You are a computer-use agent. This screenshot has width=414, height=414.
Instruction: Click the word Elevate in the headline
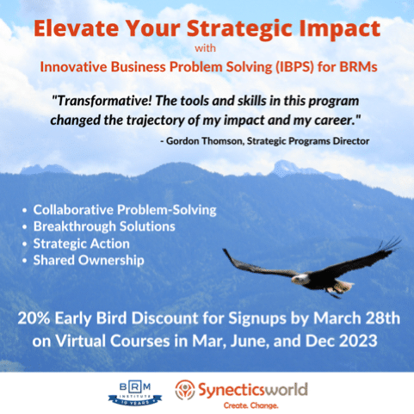click(x=76, y=28)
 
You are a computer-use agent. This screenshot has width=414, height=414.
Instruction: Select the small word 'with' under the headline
click(x=205, y=48)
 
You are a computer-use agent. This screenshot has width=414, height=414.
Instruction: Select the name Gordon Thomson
click(x=205, y=141)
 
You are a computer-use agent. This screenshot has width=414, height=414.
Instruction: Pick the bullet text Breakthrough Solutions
click(x=104, y=226)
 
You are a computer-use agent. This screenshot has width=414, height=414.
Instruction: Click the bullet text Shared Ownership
click(x=89, y=260)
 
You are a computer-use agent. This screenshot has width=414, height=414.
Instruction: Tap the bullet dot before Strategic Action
click(x=25, y=244)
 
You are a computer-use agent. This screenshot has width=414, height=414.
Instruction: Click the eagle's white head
click(x=300, y=278)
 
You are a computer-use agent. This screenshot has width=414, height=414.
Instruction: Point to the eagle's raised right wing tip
click(x=399, y=239)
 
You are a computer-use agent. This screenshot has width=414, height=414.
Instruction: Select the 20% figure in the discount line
click(x=34, y=318)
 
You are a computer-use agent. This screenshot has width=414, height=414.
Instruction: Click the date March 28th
click(x=356, y=318)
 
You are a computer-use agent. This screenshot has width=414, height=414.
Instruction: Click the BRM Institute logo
click(x=135, y=393)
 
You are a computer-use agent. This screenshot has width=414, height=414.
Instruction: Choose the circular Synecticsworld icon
click(x=185, y=389)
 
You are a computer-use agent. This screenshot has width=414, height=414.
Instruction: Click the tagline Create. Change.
click(x=250, y=405)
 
